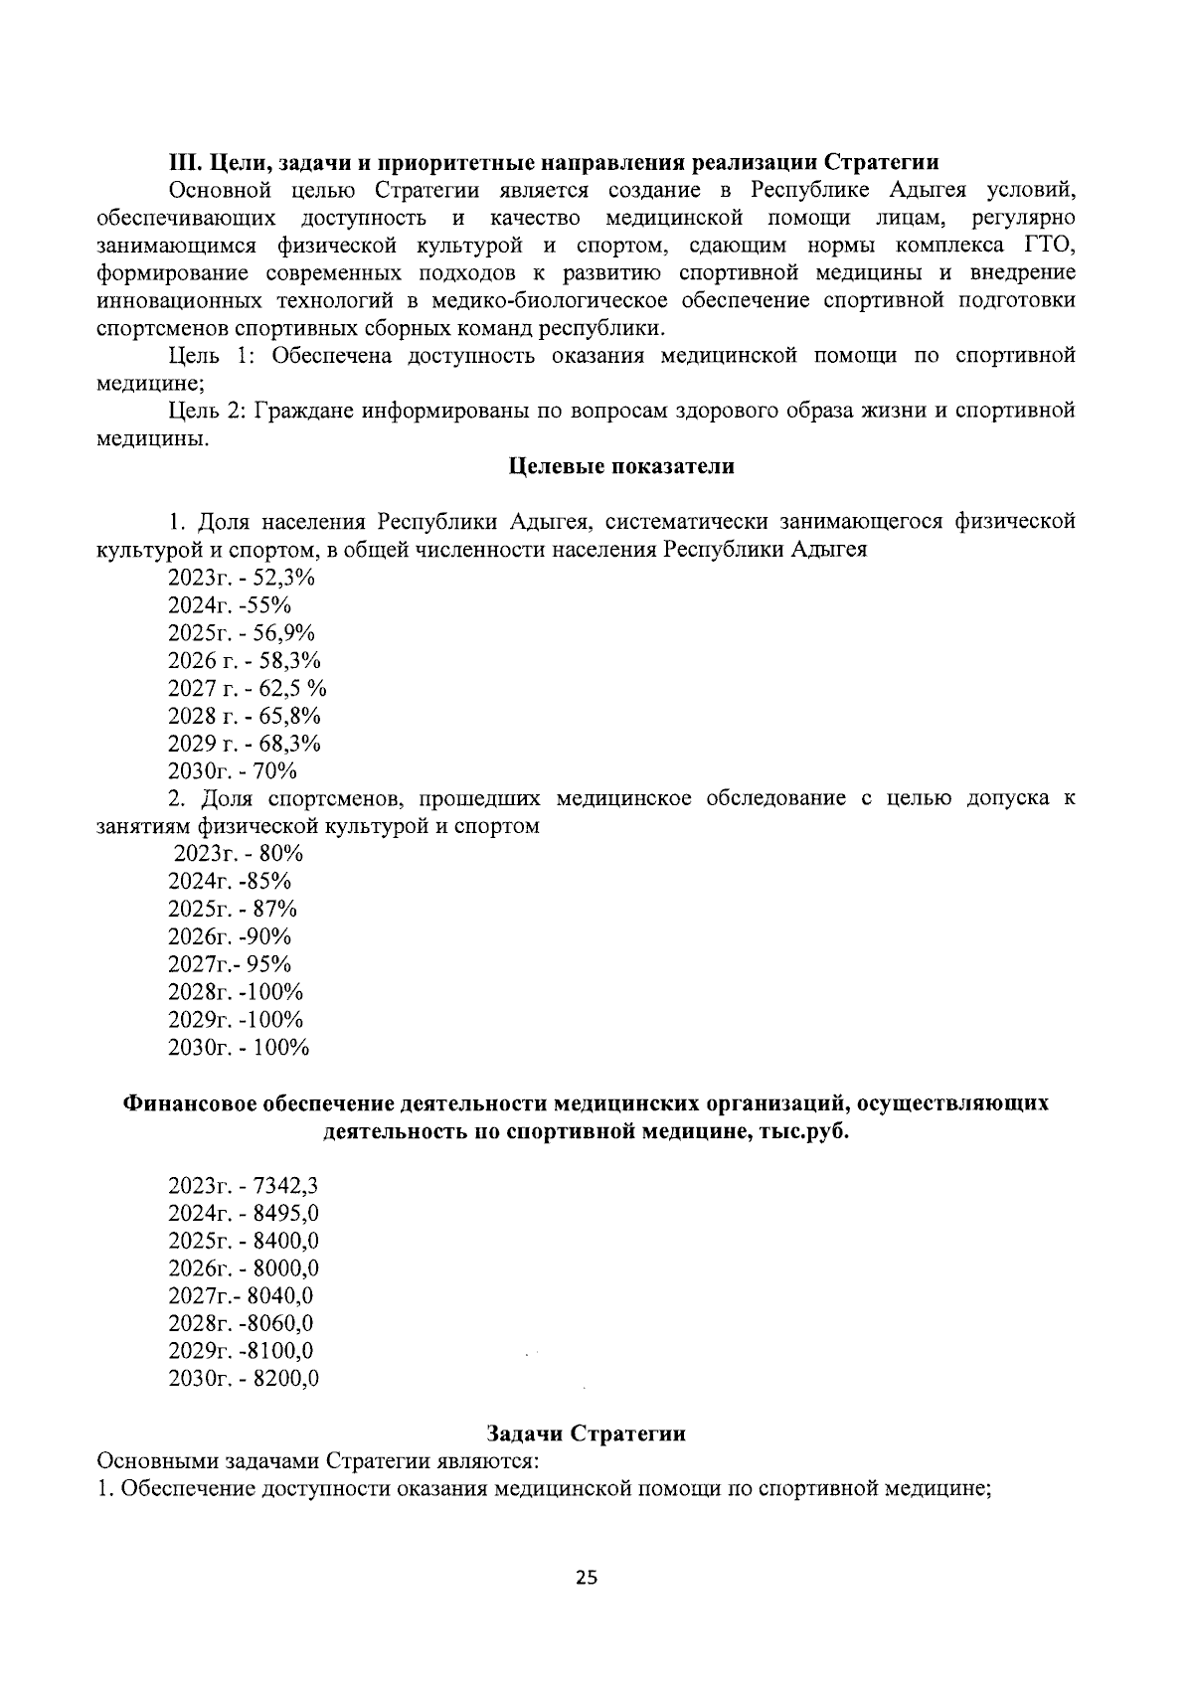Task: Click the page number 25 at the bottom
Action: [x=587, y=1578]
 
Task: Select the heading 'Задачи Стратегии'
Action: [x=586, y=1434]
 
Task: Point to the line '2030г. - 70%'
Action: [x=233, y=771]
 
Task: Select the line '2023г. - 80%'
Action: [x=239, y=854]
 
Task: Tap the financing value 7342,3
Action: [x=286, y=1185]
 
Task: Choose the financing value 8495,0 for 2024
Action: [x=286, y=1213]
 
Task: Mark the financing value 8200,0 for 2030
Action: [x=286, y=1379]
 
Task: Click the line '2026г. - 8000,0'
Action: [x=244, y=1268]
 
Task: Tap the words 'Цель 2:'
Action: [x=206, y=411]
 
